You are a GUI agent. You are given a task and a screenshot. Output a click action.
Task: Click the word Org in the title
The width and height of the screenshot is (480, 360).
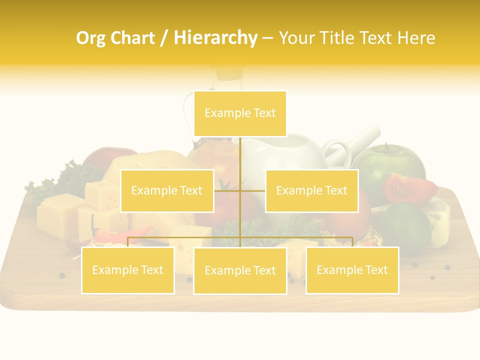[90, 38]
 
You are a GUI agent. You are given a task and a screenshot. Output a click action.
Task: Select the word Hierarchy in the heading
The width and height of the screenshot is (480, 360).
[215, 38]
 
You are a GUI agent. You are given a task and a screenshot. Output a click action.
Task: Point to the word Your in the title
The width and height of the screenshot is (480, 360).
[295, 38]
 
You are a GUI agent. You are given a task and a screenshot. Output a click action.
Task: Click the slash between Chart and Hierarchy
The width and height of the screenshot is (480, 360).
[164, 38]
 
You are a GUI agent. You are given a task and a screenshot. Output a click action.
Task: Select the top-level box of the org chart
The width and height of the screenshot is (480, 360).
[240, 113]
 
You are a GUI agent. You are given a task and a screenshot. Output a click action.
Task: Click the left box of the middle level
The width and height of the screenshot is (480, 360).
[167, 190]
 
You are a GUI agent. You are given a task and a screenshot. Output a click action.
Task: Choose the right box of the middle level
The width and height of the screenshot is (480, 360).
[311, 190]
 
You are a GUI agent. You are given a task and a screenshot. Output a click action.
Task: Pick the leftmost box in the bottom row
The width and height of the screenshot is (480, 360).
[128, 270]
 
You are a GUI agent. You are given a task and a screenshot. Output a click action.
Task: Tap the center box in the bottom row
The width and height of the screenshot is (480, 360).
[240, 270]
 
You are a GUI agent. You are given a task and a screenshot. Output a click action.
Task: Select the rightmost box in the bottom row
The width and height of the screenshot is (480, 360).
[352, 270]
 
